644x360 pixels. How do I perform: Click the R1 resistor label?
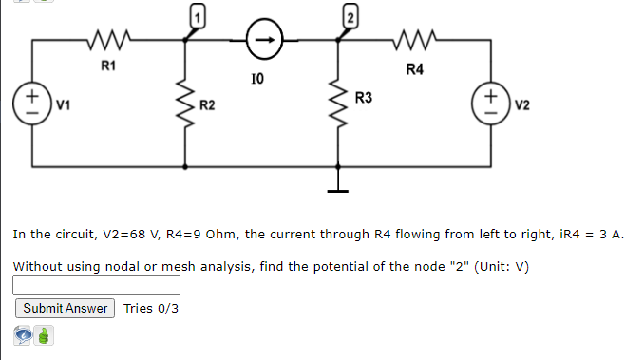click(108, 66)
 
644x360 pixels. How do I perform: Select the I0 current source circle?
click(263, 41)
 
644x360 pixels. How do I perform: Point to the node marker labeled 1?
click(197, 16)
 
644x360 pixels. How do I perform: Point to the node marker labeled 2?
click(349, 16)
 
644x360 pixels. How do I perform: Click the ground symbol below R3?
click(337, 186)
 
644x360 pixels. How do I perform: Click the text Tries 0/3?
click(150, 309)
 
